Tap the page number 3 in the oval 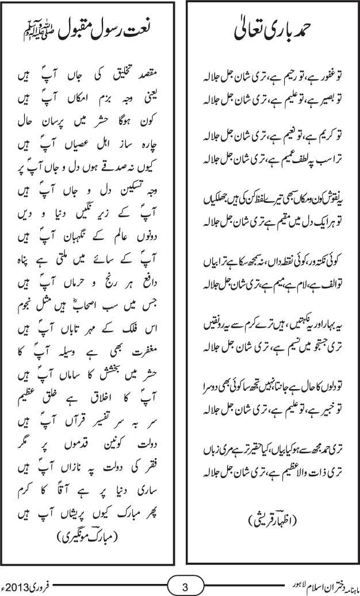[185, 587]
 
